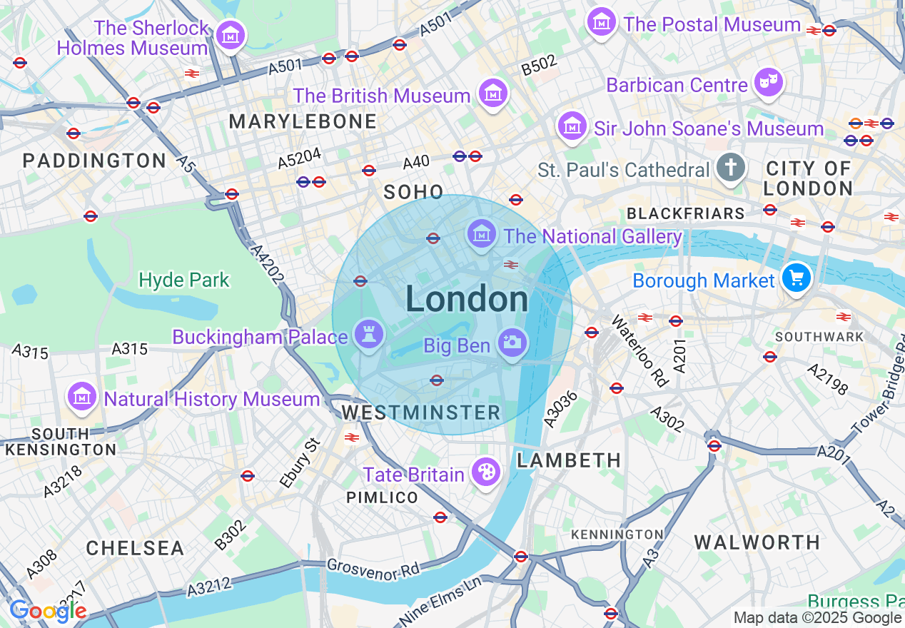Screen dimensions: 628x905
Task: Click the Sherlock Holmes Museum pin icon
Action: click(230, 34)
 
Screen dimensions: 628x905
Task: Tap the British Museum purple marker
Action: click(492, 93)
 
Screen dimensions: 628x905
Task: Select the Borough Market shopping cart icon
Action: click(796, 277)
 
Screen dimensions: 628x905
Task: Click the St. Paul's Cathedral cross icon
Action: click(730, 168)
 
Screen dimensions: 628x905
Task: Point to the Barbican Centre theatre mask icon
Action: click(769, 82)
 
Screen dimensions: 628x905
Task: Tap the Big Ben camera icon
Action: click(512, 343)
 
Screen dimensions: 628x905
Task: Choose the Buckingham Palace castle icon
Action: click(368, 334)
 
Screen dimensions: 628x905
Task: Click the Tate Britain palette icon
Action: click(485, 472)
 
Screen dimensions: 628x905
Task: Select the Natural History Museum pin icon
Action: click(81, 397)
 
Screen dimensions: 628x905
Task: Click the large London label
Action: click(467, 299)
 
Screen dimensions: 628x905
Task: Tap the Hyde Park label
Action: click(184, 280)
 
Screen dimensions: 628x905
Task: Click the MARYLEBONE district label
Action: click(303, 121)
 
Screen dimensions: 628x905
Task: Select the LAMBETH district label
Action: click(569, 460)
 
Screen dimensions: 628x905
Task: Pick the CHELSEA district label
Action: click(135, 548)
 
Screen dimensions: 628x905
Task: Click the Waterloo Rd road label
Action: click(640, 350)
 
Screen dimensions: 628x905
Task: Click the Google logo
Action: click(47, 611)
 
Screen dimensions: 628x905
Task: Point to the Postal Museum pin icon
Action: click(602, 21)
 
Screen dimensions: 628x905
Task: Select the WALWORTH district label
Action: click(757, 542)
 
